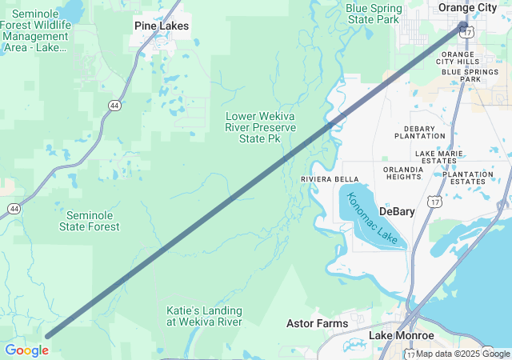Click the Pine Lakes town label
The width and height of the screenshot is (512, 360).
[x=162, y=26]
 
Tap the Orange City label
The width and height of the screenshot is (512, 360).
[x=468, y=7]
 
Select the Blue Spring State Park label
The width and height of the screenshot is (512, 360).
[x=374, y=14]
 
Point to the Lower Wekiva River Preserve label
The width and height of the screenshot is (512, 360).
[x=260, y=127]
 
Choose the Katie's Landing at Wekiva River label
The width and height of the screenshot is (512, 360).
[x=204, y=316]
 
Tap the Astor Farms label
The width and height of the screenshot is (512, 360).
[x=317, y=323]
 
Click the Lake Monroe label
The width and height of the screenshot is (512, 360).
[x=402, y=336]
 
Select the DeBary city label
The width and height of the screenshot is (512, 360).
[x=398, y=212]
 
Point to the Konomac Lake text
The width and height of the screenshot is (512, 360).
[x=372, y=217]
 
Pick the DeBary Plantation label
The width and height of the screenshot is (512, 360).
[x=420, y=132]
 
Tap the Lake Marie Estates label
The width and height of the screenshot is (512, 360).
[x=436, y=157]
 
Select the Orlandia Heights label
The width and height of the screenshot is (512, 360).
[x=403, y=173]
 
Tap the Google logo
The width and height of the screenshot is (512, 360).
[x=26, y=350]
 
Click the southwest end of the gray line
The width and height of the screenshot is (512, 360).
[x=47, y=337]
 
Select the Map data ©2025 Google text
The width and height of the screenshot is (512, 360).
[x=462, y=354]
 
